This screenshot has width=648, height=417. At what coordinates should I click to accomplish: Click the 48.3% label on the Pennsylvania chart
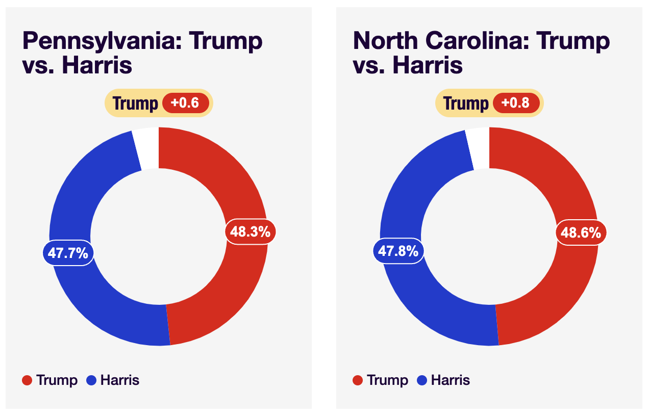250,232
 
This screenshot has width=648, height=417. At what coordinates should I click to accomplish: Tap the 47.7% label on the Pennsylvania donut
68,252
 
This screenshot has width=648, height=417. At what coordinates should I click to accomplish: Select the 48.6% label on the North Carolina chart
581,232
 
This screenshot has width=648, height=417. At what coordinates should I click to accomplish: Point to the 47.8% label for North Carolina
398,251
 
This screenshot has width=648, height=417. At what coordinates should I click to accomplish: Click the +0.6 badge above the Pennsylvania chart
185,103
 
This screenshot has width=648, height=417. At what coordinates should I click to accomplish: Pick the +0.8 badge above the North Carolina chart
516,103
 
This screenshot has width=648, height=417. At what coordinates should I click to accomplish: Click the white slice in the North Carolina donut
480,148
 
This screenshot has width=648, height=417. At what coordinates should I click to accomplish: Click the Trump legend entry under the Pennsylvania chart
50,380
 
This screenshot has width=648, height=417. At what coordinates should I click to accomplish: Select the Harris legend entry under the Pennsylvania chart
113,380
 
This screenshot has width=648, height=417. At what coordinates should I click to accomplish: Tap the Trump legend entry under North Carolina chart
381,380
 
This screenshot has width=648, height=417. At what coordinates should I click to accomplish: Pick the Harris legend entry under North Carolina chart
444,380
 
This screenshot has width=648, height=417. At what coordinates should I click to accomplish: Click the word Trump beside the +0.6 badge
135,103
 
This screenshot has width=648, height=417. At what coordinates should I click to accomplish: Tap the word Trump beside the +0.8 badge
466,103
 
